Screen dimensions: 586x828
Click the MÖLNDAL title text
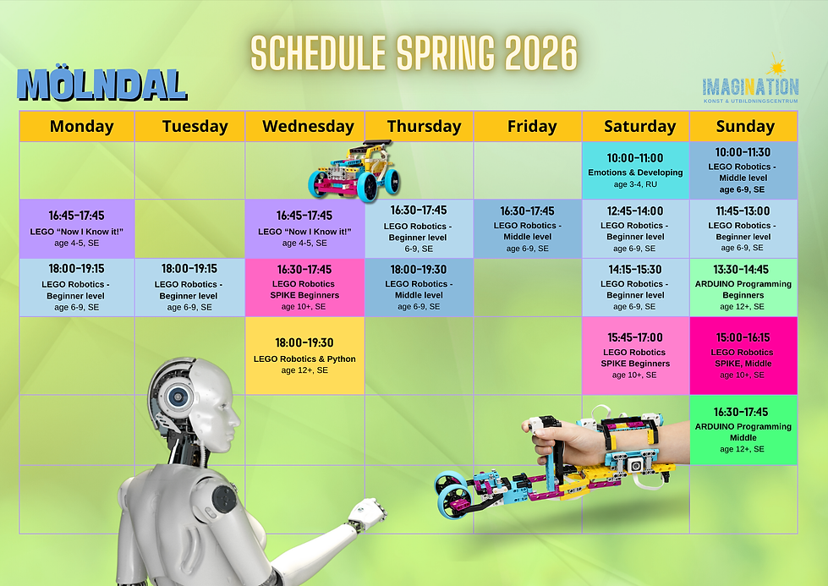pyautogui.click(x=101, y=85)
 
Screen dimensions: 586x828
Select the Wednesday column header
pyautogui.click(x=308, y=127)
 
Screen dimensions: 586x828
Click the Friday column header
pyautogui.click(x=532, y=127)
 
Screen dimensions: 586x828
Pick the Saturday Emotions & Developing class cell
pyautogui.click(x=635, y=171)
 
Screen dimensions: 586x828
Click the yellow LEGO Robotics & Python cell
pyautogui.click(x=304, y=356)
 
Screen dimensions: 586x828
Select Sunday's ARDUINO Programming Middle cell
pyautogui.click(x=743, y=430)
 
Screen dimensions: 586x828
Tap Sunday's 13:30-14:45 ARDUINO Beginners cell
pyautogui.click(x=743, y=288)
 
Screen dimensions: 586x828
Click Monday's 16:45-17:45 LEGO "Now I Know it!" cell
pyautogui.click(x=77, y=228)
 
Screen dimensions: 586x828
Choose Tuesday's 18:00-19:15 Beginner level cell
pyautogui.click(x=189, y=288)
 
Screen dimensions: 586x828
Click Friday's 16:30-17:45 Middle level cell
pyautogui.click(x=527, y=229)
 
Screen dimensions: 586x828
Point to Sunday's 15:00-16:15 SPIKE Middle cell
pyautogui.click(x=743, y=355)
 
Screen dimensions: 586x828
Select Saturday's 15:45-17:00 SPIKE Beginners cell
pyautogui.click(x=635, y=355)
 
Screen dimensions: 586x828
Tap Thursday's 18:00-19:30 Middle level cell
pyautogui.click(x=419, y=288)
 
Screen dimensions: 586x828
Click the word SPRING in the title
pyautogui.click(x=441, y=54)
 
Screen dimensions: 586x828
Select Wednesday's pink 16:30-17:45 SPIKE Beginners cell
pyautogui.click(x=304, y=288)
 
